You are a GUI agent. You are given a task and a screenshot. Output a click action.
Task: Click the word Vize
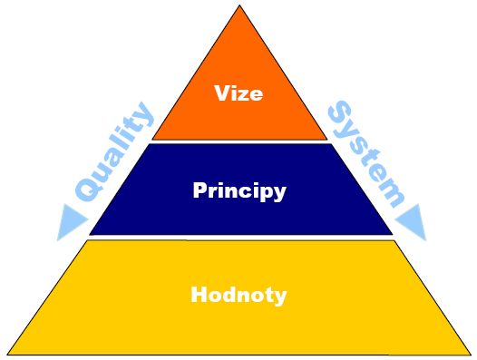239,93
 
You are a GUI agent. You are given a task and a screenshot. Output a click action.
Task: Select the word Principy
239,191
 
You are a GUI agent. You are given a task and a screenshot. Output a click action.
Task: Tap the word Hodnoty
239,295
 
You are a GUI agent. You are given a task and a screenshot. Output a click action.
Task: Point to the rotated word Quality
113,151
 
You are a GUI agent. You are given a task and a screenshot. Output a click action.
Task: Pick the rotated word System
365,151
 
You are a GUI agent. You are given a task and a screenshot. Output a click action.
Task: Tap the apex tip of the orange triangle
239,8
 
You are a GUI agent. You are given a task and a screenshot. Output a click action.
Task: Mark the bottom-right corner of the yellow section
470,353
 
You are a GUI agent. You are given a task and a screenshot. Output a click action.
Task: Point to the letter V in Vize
221,92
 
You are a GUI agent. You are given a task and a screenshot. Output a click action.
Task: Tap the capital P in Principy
200,190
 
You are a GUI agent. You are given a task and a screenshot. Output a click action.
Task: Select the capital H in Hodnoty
199,295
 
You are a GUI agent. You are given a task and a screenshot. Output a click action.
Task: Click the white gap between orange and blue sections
239,141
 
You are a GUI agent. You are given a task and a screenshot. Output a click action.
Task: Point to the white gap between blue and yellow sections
239,238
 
